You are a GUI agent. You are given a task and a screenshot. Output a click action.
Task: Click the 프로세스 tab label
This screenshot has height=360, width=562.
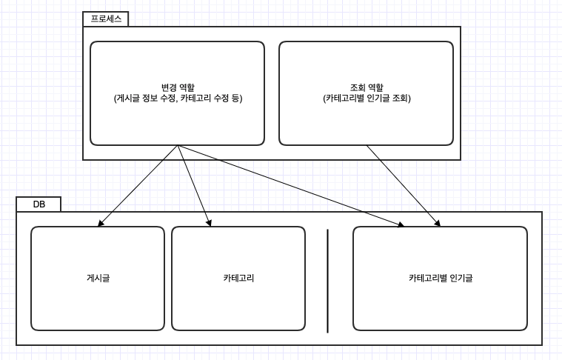[x=105, y=19]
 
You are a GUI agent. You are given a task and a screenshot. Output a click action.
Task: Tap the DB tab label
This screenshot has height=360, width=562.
[x=39, y=204]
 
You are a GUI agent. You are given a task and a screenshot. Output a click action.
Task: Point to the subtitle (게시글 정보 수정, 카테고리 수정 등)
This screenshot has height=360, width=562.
[x=178, y=98]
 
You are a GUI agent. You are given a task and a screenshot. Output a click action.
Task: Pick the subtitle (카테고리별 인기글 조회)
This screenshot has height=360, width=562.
[x=367, y=98]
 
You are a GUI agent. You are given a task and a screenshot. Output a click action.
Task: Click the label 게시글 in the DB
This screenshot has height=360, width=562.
[x=98, y=279]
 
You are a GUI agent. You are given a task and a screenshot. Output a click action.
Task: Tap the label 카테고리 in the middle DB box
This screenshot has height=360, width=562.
[x=238, y=279]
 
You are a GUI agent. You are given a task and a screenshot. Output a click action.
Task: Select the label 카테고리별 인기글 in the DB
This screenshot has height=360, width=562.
[x=440, y=279]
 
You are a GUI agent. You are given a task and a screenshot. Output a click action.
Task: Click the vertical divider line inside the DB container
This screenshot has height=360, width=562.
[x=327, y=281]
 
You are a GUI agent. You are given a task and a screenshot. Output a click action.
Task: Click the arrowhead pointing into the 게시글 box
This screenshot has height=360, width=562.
[x=100, y=223]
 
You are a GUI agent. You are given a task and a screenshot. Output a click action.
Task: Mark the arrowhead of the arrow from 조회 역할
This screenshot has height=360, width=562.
[x=438, y=223]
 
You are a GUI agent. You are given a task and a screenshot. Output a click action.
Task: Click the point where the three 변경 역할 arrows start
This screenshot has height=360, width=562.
[x=178, y=146]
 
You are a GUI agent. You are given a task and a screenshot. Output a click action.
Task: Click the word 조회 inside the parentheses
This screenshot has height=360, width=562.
[x=397, y=98]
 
